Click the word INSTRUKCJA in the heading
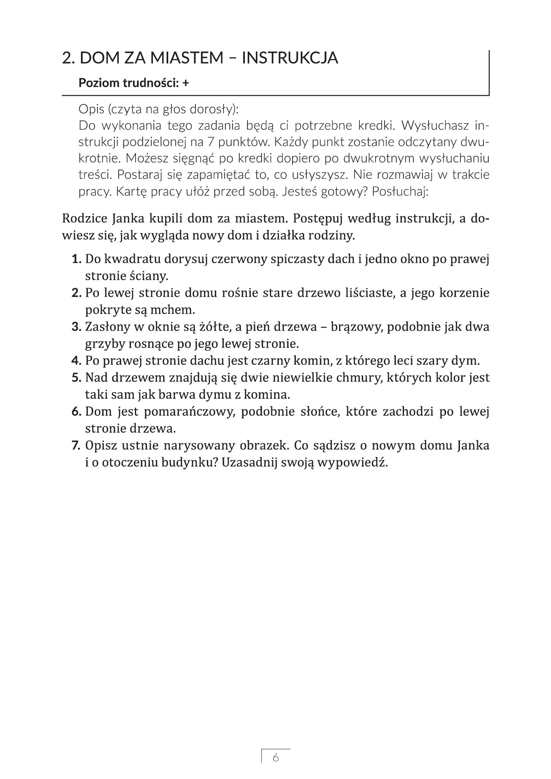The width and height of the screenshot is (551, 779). click(290, 58)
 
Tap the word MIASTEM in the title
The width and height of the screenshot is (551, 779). click(187, 58)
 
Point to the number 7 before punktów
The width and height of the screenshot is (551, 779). click(210, 142)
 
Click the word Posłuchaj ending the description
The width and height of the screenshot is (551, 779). click(400, 192)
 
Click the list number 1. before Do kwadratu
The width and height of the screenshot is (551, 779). click(77, 259)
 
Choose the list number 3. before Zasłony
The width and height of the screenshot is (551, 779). click(77, 327)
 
